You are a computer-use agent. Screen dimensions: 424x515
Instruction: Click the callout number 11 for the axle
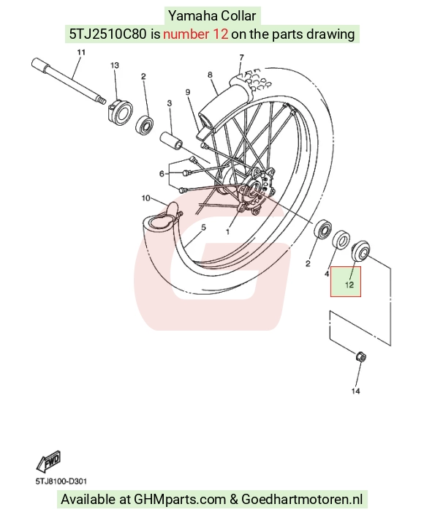pyautogui.click(x=81, y=52)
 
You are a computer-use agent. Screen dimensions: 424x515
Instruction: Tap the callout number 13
pyautogui.click(x=115, y=65)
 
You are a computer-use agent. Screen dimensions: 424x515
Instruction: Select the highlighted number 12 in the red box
pyautogui.click(x=349, y=284)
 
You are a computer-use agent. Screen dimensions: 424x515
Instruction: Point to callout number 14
pyautogui.click(x=356, y=391)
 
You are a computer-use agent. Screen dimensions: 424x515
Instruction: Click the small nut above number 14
pyautogui.click(x=360, y=357)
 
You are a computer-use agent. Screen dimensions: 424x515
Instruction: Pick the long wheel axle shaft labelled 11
pyautogui.click(x=69, y=80)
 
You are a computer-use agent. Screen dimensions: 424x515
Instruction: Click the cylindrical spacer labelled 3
pyautogui.click(x=171, y=140)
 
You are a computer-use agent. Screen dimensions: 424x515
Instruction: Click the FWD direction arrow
pyautogui.click(x=48, y=461)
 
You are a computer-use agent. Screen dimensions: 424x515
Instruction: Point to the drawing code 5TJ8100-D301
pyautogui.click(x=61, y=481)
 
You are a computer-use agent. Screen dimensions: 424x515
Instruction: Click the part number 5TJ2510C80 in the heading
pyautogui.click(x=107, y=34)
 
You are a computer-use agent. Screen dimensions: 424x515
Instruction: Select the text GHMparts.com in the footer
pyautogui.click(x=180, y=499)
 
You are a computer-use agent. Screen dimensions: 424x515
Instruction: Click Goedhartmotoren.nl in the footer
pyautogui.click(x=302, y=499)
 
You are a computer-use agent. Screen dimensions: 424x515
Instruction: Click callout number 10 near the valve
pyautogui.click(x=145, y=198)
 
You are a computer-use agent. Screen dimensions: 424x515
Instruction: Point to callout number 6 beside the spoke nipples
pyautogui.click(x=162, y=173)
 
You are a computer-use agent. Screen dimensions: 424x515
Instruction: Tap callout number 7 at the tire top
pyautogui.click(x=241, y=58)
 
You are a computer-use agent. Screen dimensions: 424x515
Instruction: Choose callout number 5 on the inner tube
pyautogui.click(x=203, y=228)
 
